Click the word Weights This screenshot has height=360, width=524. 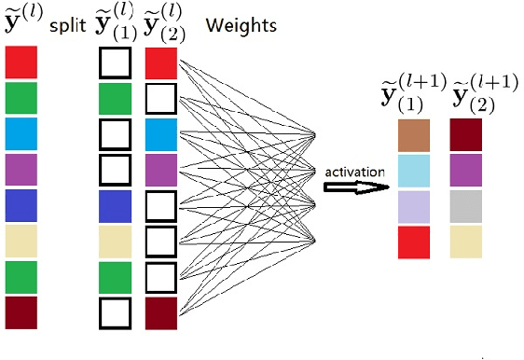(240, 24)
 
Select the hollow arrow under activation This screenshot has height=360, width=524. (355, 187)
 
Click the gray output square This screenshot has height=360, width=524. (465, 206)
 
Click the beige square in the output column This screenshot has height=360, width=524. (465, 242)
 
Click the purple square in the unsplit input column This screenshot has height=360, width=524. (21, 169)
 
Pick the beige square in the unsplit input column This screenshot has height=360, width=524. (21, 241)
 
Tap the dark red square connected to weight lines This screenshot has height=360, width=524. (161, 312)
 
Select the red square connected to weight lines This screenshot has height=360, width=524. (161, 62)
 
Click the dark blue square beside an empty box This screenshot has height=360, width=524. (114, 205)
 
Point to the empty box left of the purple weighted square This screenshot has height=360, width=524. (114, 169)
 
